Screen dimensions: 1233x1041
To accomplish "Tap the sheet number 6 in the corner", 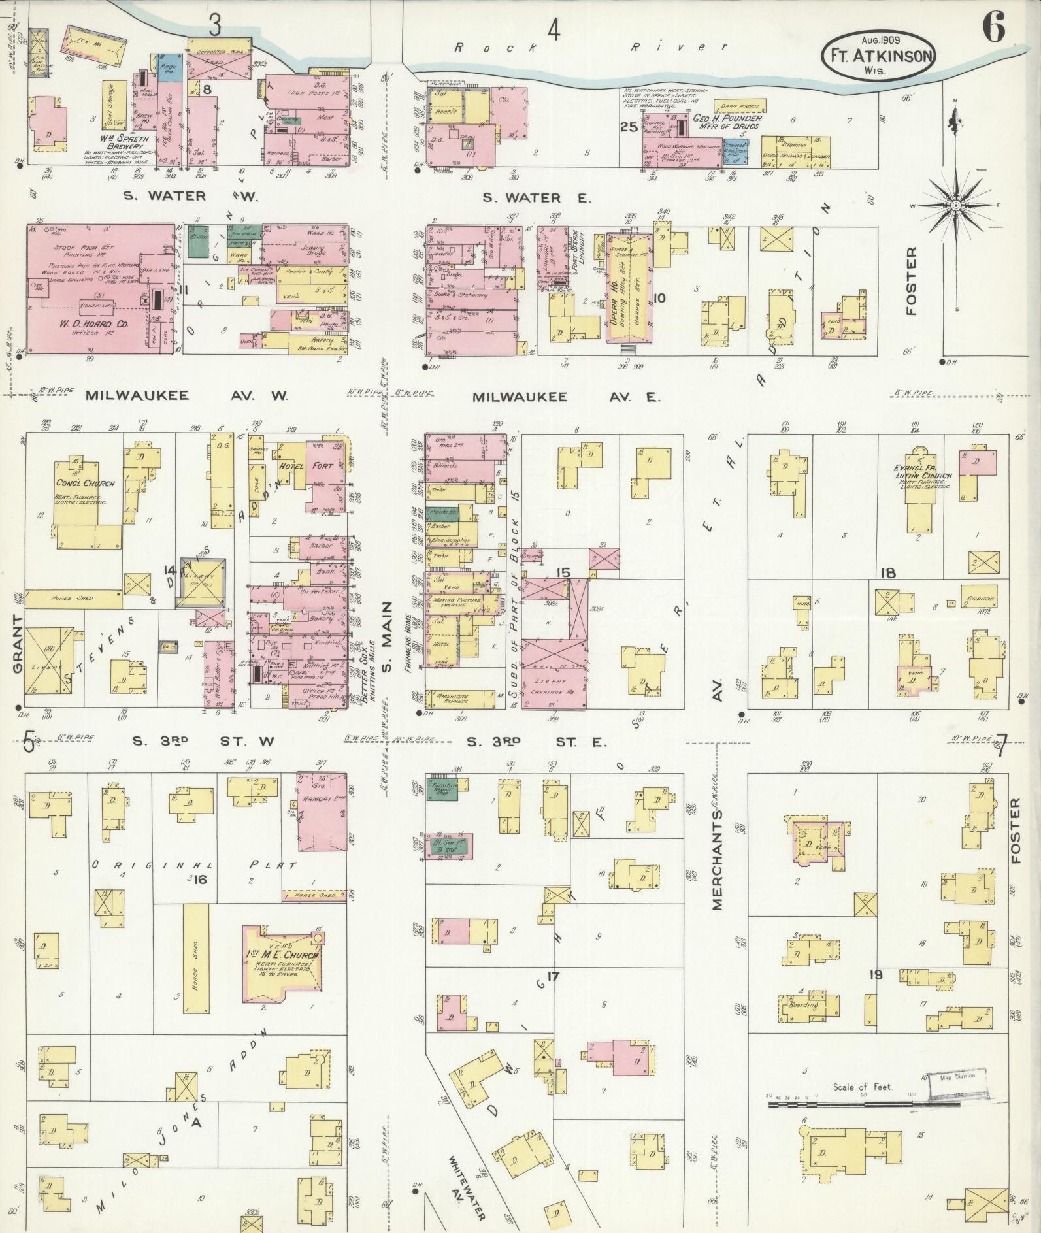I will tap(993, 28).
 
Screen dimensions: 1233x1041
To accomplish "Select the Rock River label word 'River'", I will tap(679, 47).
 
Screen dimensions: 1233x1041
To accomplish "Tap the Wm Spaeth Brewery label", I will tap(124, 142).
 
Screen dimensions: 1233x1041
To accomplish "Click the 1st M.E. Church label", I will tap(282, 955).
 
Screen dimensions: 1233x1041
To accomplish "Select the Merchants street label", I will tap(717, 861).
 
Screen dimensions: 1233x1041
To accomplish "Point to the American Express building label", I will tap(452, 699).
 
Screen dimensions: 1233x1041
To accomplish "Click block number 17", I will tap(553, 977).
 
